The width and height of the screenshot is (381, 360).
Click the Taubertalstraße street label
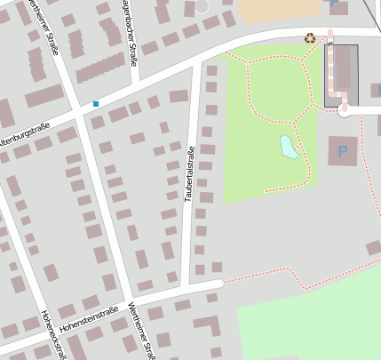189,172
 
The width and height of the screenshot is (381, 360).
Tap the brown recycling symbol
309,38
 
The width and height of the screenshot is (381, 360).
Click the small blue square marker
96,104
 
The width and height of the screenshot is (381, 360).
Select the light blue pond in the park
289,147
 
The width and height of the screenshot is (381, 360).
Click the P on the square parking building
343,151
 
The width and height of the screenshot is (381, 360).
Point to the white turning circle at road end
345,111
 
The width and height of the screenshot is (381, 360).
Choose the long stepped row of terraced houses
99,68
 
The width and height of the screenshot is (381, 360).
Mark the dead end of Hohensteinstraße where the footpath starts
218,284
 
